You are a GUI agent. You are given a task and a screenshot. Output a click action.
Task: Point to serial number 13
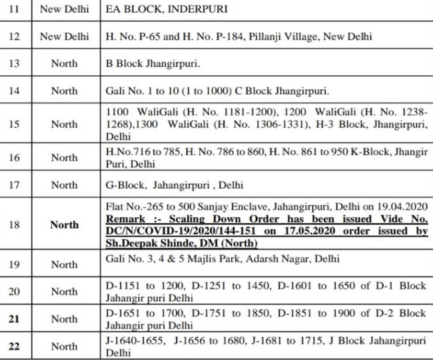(x=13, y=64)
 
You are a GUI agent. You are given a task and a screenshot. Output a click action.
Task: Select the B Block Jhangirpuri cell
(x=154, y=64)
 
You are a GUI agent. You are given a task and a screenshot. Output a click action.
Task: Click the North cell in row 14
(x=64, y=91)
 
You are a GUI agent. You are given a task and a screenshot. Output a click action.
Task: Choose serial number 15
(x=13, y=123)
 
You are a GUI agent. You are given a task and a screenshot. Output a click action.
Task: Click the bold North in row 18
(x=64, y=225)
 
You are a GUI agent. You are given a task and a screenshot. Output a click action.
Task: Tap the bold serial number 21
(x=13, y=319)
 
